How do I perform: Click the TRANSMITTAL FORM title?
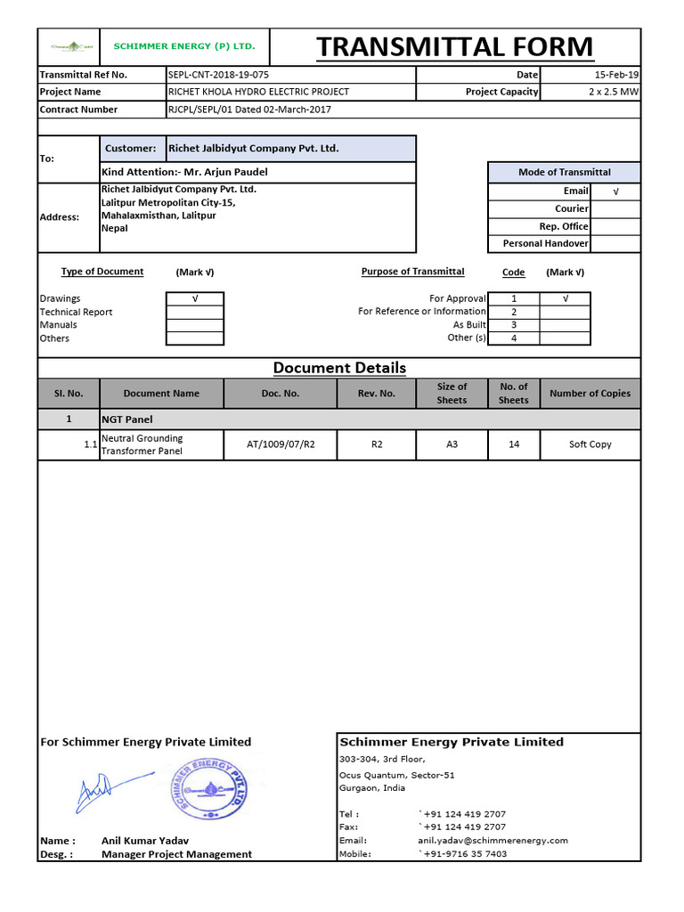coord(454,47)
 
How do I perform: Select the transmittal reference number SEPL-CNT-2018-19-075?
coord(218,75)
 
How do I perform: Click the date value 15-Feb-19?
coord(616,75)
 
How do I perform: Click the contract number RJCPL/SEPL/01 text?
coord(249,110)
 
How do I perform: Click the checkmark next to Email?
coord(615,191)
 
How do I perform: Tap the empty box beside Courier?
coord(615,208)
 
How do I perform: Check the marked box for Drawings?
coord(194,299)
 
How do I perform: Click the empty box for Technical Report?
coord(194,313)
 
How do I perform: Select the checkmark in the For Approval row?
coord(565,299)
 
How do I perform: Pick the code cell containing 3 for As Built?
coord(514,325)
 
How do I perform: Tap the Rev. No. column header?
coord(377,393)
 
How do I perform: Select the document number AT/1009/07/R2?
coord(281,444)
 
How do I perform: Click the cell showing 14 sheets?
coord(514,444)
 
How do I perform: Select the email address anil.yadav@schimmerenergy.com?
coord(493,841)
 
